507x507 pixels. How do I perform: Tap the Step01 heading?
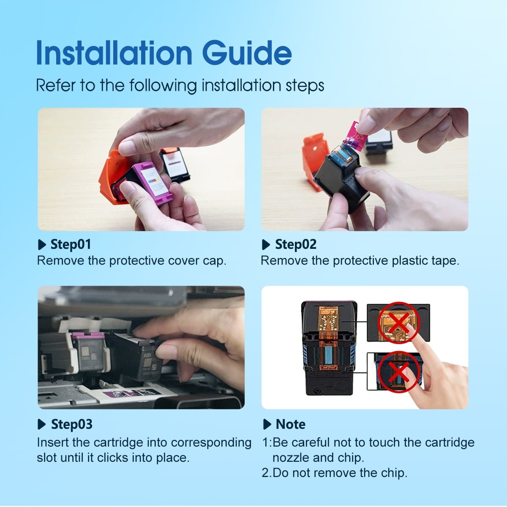pyautogui.click(x=71, y=244)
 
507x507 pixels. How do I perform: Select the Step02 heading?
pyautogui.click(x=296, y=244)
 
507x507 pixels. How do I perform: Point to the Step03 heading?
pyautogui.click(x=71, y=424)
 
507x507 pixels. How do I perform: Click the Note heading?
pyautogui.click(x=290, y=424)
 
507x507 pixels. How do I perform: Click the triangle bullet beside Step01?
pyautogui.click(x=42, y=245)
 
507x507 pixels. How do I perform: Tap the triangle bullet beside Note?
pyautogui.click(x=267, y=424)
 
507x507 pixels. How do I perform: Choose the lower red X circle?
pyautogui.click(x=398, y=371)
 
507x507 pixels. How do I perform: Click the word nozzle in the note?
pyautogui.click(x=291, y=458)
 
